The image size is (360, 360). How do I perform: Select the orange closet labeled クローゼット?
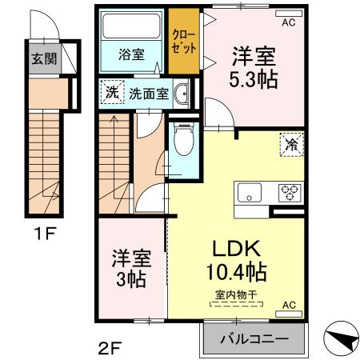pyautogui.click(x=185, y=42)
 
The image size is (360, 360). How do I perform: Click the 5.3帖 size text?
pyautogui.click(x=255, y=80)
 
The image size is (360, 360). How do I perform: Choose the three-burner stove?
pyautogui.click(x=289, y=192)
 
